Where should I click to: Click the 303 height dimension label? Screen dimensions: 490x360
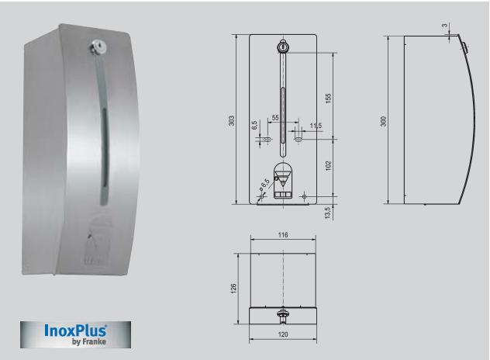pos(232,121)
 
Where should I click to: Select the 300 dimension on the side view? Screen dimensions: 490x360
pos(384,121)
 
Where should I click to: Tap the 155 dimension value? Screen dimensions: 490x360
pos(328,99)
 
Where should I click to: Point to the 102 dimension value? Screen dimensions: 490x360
pos(328,166)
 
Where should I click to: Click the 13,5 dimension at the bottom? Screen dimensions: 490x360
pos(327,213)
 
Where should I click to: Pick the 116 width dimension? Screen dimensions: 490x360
pos(283,234)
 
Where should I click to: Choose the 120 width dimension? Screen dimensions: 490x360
pos(283,334)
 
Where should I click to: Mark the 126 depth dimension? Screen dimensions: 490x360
pos(233,289)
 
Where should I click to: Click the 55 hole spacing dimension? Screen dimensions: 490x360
pos(275,118)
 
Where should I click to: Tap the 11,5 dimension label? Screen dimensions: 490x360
pos(316,126)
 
